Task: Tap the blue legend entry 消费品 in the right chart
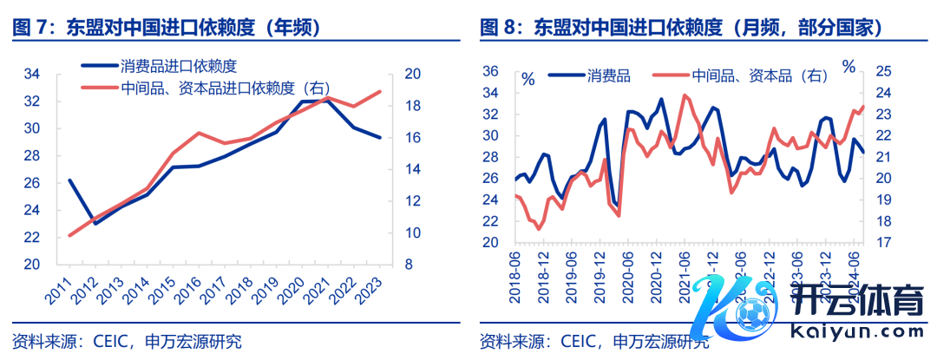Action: (607, 75)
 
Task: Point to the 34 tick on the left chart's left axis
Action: (31, 74)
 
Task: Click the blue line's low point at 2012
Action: (95, 224)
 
